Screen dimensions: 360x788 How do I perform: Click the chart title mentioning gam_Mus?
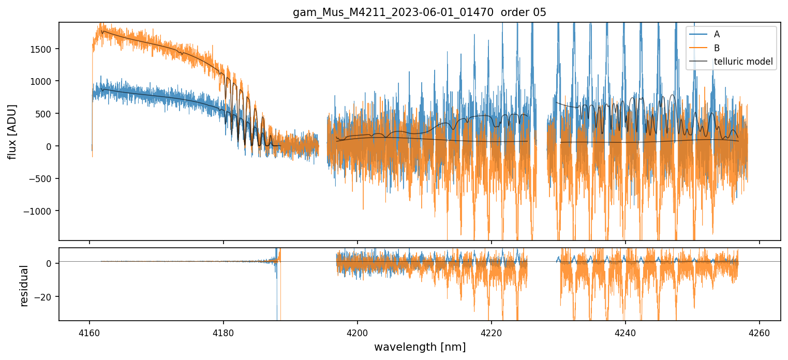(420, 12)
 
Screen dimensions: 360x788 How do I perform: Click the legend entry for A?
(717, 34)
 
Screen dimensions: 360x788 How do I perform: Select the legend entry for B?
(717, 48)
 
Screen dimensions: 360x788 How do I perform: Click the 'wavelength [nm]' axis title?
(420, 347)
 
